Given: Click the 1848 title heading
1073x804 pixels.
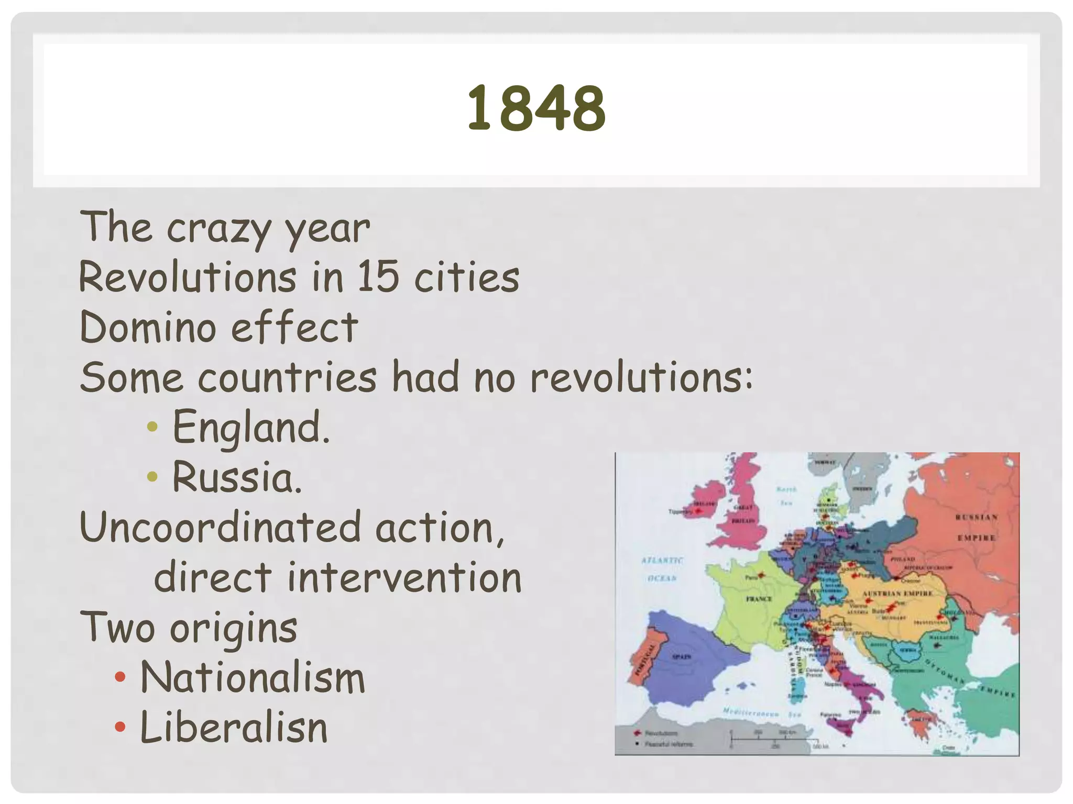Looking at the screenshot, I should (536, 108).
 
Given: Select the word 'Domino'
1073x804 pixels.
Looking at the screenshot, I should (148, 327).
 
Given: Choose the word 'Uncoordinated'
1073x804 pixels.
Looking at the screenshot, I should (221, 528).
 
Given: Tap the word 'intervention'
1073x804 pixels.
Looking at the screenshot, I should (404, 577).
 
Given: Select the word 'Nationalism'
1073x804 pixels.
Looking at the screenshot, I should (253, 678).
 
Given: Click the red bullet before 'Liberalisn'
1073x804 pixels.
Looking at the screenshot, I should (120, 727).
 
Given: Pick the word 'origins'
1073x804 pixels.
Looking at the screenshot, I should (234, 629).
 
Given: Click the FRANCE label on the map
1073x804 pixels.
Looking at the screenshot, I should (759, 599).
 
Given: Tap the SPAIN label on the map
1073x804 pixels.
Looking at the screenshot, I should (682, 656).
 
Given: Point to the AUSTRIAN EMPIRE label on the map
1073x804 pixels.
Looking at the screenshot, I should (897, 593).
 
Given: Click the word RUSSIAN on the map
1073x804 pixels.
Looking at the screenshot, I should (976, 517).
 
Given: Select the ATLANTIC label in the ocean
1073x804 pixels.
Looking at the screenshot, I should (662, 560).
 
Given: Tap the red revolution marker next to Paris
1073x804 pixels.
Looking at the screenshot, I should (762, 575).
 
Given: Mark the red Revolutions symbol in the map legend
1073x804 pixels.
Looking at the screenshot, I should (637, 733).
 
